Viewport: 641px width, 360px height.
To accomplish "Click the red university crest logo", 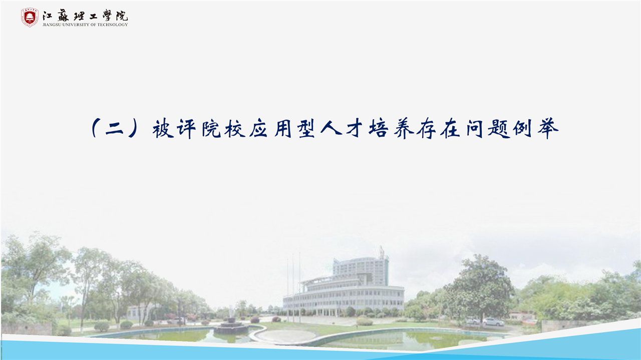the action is tap(30, 18).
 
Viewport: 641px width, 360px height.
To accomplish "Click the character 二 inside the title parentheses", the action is tap(115, 129).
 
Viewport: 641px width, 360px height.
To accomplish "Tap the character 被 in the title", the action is tap(163, 129).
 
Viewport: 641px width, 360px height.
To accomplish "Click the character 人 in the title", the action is tap(331, 129).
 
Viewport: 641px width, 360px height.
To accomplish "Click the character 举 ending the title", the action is tap(548, 129).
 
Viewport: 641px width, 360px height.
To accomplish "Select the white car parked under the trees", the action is tap(493, 322).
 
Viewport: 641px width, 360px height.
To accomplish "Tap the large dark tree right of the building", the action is tap(481, 289).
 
